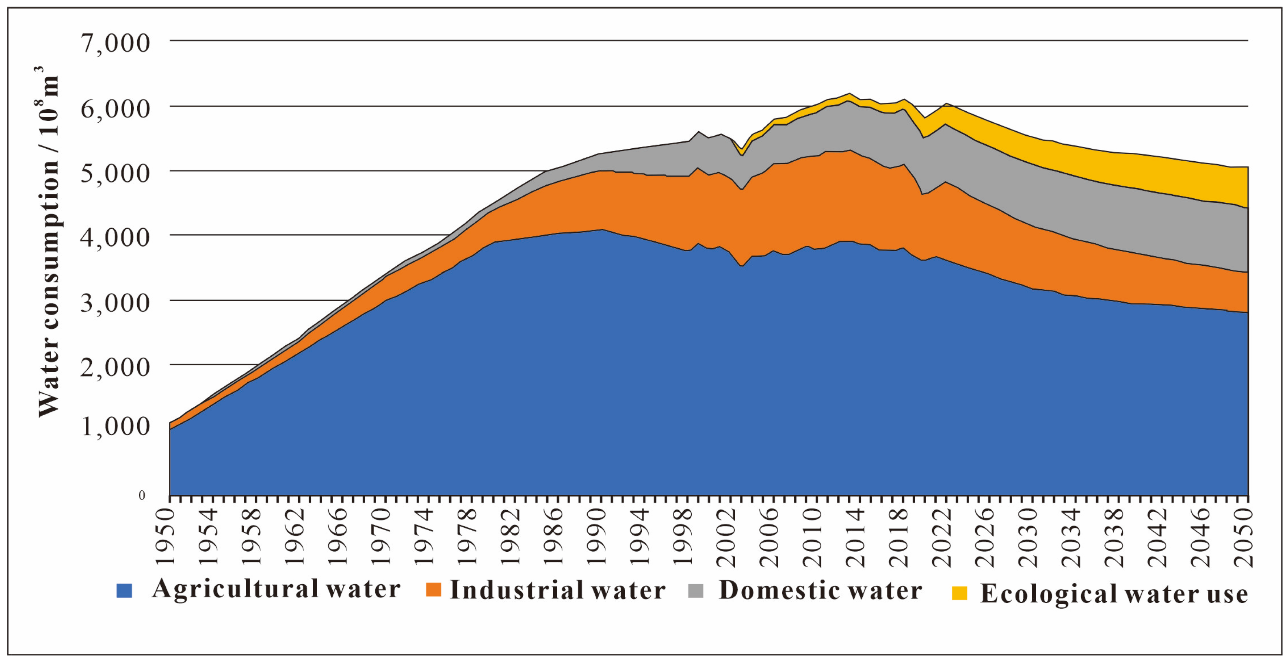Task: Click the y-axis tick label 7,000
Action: coord(115,43)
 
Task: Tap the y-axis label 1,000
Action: coord(115,426)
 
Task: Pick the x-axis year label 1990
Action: coord(597,537)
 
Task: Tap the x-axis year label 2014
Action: coord(855,537)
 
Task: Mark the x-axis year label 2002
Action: coord(726,537)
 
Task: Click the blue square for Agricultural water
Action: coord(124,590)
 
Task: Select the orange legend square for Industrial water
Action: coord(433,589)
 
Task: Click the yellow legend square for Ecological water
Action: coord(959,593)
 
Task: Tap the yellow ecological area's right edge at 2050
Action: coord(1247,188)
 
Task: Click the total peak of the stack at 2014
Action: coord(849,93)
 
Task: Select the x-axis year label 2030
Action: coord(1028,537)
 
